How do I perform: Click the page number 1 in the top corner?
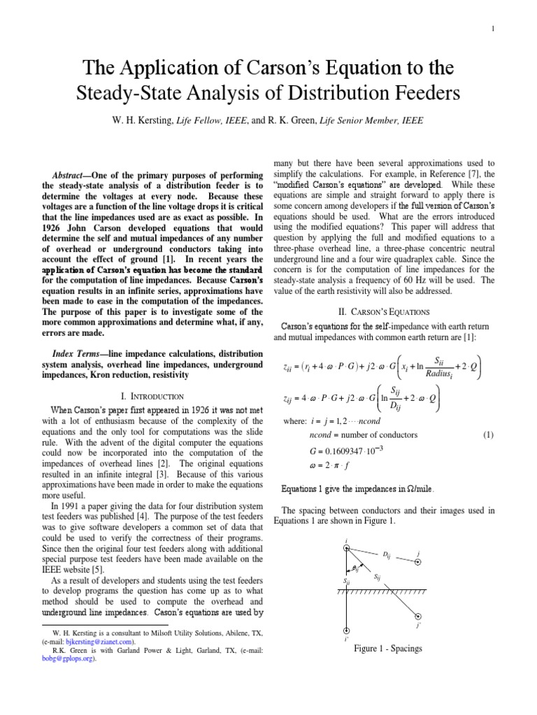494,28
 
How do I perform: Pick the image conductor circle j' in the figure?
418,616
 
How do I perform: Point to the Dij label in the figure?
386,554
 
